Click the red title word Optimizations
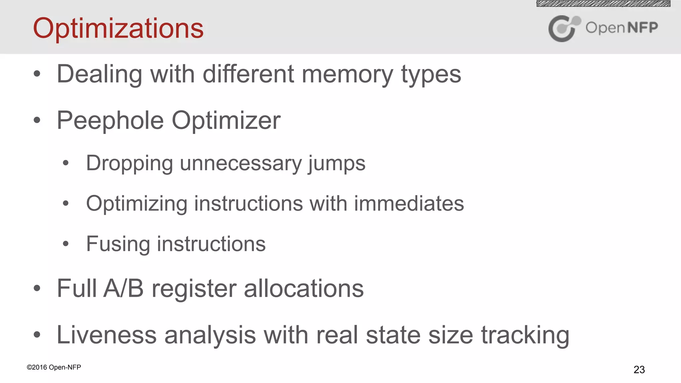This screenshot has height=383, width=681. (118, 29)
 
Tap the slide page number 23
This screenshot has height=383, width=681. (639, 369)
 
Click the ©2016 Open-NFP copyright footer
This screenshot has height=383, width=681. (54, 367)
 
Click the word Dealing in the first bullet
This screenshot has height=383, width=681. (99, 74)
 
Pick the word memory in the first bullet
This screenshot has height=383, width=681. (347, 74)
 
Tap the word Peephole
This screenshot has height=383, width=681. (110, 120)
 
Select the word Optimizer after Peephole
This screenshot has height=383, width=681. (226, 120)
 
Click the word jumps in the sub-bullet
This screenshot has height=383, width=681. (336, 164)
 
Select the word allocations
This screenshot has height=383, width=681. (304, 289)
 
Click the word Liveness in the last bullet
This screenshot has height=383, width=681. (106, 335)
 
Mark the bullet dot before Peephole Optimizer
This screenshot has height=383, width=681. (37, 120)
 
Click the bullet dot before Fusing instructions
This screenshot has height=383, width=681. (66, 244)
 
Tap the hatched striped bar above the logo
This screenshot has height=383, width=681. (603, 4)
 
